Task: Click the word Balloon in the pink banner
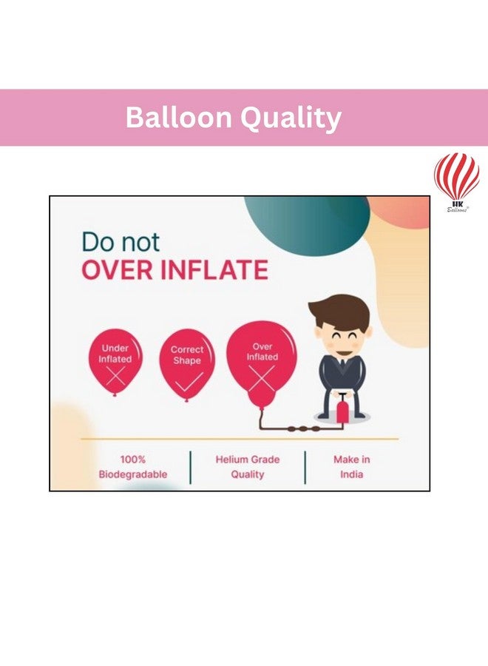click(x=178, y=117)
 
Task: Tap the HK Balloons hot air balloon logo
click(x=457, y=182)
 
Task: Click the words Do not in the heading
click(x=121, y=242)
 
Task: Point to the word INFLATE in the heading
click(x=214, y=270)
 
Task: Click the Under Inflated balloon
click(x=115, y=363)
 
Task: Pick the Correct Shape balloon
click(x=187, y=366)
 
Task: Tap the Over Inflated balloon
click(x=262, y=366)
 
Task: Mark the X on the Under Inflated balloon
click(x=116, y=376)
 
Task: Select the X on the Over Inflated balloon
click(x=261, y=378)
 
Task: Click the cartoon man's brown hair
click(x=338, y=312)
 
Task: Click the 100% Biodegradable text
click(x=133, y=467)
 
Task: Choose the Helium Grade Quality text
click(x=248, y=467)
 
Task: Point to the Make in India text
click(x=352, y=467)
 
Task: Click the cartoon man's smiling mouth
click(x=342, y=351)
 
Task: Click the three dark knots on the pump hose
click(x=303, y=429)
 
